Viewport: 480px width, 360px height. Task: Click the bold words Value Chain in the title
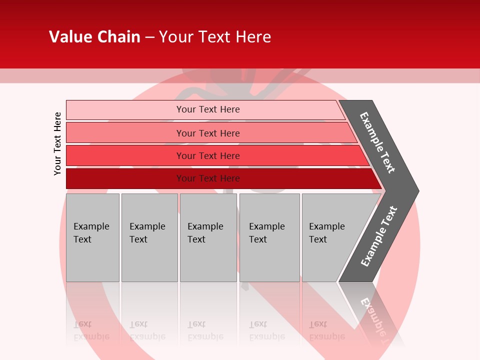click(94, 37)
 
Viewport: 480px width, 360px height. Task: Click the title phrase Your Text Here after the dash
click(215, 37)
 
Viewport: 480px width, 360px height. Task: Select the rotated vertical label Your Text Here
click(57, 143)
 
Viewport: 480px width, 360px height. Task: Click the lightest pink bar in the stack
click(125, 110)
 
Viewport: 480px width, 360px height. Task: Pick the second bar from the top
click(125, 132)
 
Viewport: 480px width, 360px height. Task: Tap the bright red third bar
click(125, 155)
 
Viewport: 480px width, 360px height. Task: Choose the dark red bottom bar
click(125, 178)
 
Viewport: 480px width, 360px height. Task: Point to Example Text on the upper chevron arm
click(377, 142)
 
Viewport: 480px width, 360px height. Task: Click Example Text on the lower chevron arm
click(379, 236)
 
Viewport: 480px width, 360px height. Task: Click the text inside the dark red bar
click(208, 178)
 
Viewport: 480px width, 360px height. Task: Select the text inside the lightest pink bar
click(208, 109)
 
